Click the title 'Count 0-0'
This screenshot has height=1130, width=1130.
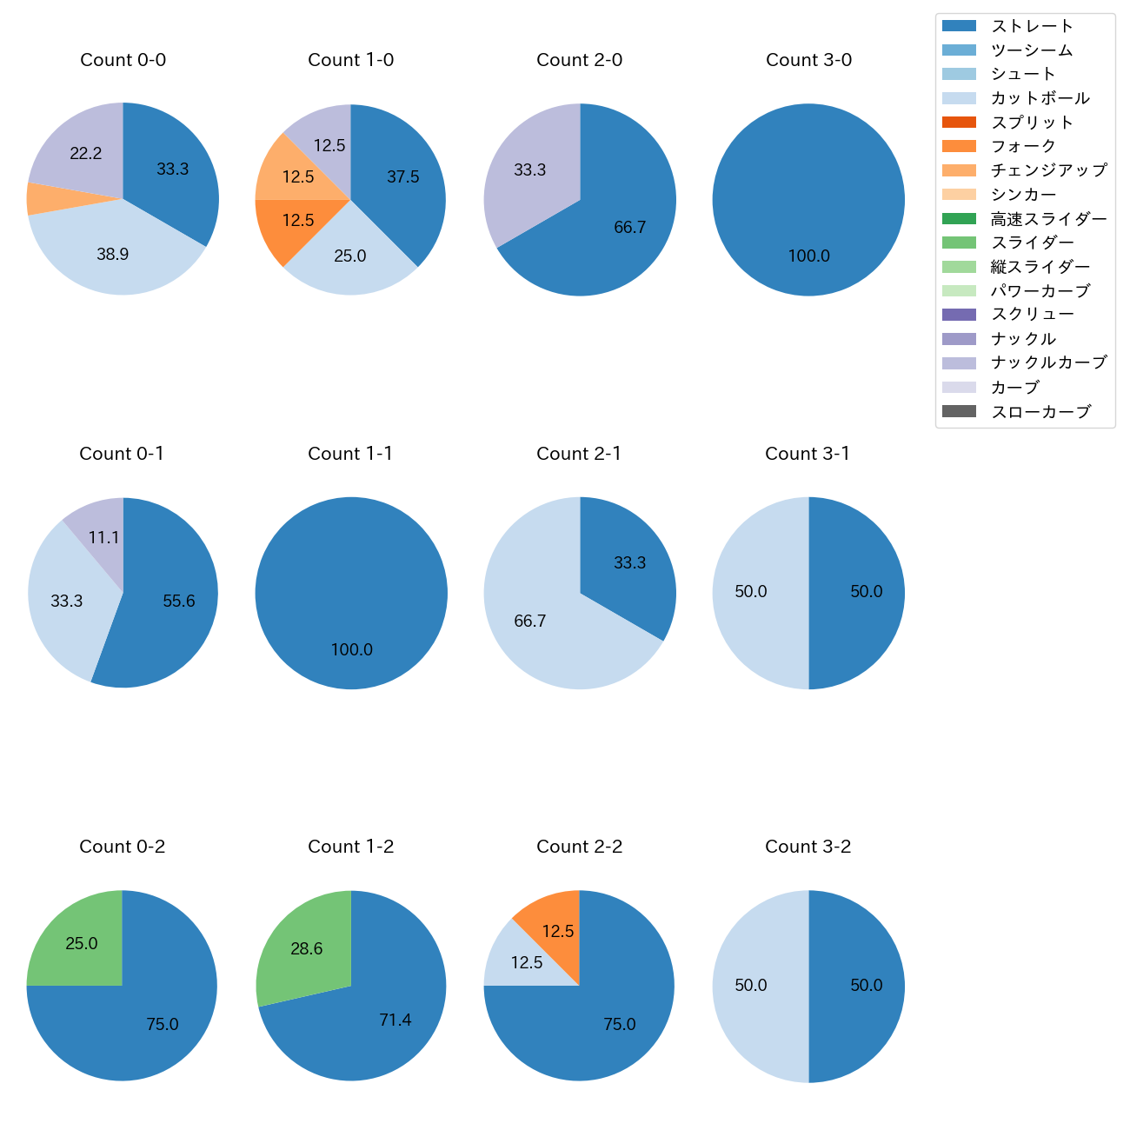123,60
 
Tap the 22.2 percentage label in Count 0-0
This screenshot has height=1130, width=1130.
86,154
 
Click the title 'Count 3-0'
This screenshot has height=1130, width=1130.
808,60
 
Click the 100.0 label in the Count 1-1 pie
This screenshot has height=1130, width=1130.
351,649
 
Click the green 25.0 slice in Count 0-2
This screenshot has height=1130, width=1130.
82,944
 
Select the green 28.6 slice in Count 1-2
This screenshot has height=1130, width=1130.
306,949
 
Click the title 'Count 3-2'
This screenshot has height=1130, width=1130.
808,847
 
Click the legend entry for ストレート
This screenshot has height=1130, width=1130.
1032,26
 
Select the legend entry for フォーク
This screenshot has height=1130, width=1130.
1023,146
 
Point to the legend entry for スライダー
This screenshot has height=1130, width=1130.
1032,243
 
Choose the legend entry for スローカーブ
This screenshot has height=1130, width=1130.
1040,412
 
